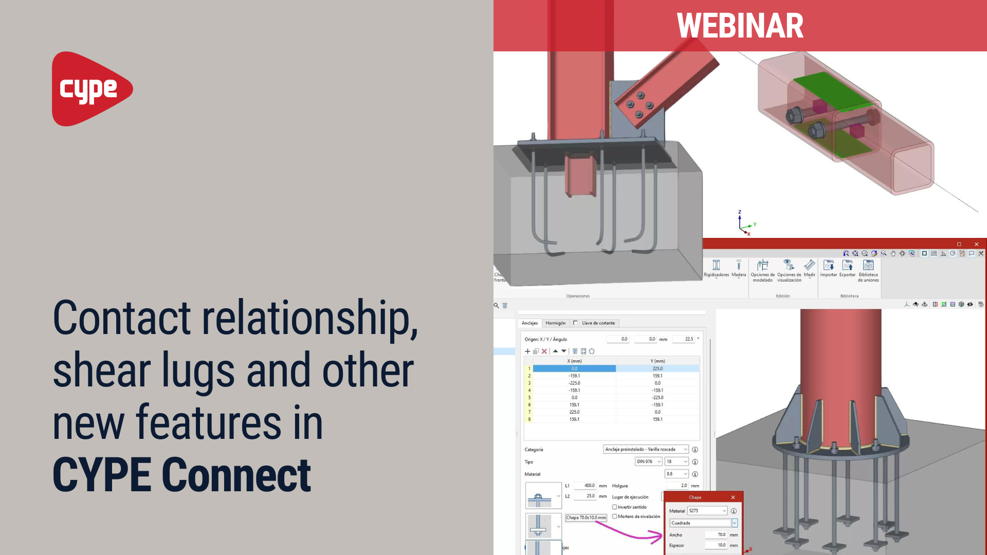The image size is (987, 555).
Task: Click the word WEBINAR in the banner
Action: pyautogui.click(x=740, y=26)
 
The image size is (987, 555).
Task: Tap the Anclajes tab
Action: pyautogui.click(x=529, y=323)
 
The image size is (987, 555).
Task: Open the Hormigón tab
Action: pyautogui.click(x=555, y=323)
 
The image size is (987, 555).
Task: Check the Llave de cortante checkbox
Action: pyautogui.click(x=575, y=323)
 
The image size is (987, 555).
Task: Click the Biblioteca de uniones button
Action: pyautogui.click(x=868, y=269)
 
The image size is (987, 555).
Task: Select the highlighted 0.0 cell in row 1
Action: pyautogui.click(x=574, y=368)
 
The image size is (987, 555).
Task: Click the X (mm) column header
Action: pyautogui.click(x=574, y=361)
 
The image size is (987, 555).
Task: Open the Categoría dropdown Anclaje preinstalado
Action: pyautogui.click(x=645, y=450)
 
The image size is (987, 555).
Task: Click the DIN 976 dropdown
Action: pyautogui.click(x=648, y=462)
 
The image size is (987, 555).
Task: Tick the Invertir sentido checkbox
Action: pyautogui.click(x=614, y=507)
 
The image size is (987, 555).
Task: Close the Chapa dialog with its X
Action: pyautogui.click(x=733, y=497)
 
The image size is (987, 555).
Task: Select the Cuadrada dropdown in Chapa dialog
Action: pyautogui.click(x=703, y=523)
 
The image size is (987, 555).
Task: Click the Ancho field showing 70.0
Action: pyautogui.click(x=716, y=535)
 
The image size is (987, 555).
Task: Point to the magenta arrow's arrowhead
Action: pyautogui.click(x=660, y=538)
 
